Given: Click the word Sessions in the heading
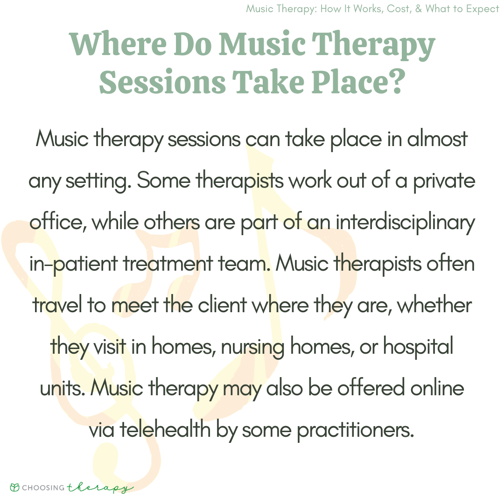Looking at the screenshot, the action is tap(162, 82).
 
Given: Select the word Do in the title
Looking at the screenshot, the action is tap(193, 43).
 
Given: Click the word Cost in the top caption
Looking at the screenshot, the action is tap(399, 9).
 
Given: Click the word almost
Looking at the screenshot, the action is tap(437, 139).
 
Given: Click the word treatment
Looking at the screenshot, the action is tap(168, 264).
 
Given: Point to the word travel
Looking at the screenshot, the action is tap(57, 305).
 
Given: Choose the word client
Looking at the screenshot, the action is tap(222, 305).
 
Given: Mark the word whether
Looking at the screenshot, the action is tap(434, 305).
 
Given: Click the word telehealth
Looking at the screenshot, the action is tap(165, 429).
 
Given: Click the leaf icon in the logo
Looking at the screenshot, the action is tap(15, 487).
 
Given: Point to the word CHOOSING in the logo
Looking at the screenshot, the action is tap(43, 488).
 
